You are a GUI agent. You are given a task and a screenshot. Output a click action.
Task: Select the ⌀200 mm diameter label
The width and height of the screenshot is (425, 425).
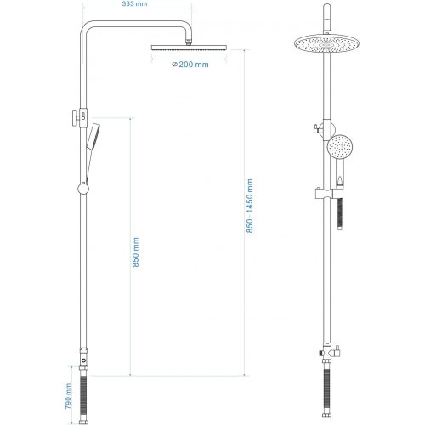click(190, 64)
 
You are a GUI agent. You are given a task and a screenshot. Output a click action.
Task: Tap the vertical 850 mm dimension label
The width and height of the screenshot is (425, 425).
click(137, 252)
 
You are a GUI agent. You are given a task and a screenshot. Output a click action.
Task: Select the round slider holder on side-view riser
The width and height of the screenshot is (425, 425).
click(82, 186)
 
